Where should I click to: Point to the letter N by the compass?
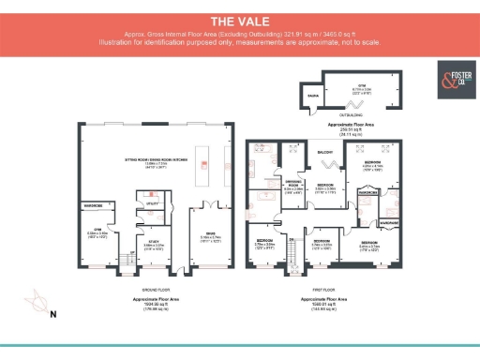pyautogui.click(x=52, y=313)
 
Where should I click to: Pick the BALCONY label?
pyautogui.click(x=325, y=152)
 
